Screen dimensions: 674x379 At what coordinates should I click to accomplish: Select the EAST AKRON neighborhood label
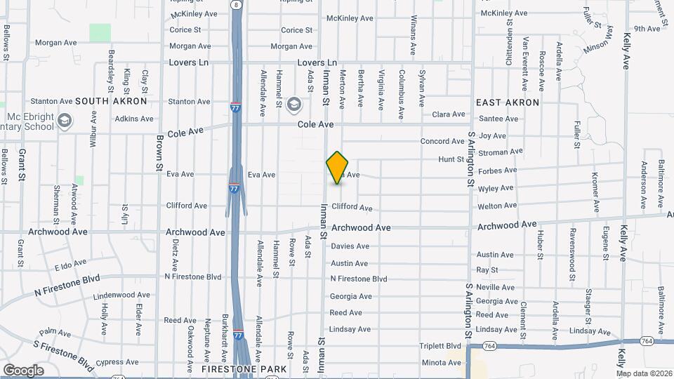coord(508,102)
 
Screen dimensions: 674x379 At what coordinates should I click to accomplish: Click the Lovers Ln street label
coord(189,62)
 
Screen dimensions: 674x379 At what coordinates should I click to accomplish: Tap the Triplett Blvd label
coord(441,346)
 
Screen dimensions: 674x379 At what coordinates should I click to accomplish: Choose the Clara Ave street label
coord(449,114)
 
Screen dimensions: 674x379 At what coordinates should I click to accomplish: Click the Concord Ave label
coord(442,142)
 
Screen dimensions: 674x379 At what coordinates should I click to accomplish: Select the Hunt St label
coord(447,160)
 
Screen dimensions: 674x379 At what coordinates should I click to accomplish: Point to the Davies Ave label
coord(350,246)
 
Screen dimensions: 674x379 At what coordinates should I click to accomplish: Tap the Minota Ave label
coord(442,363)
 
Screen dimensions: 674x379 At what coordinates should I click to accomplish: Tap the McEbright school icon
coord(65,121)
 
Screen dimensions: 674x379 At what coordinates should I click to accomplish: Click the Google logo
coord(23,370)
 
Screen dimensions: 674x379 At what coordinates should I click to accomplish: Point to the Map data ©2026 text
coord(643,373)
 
